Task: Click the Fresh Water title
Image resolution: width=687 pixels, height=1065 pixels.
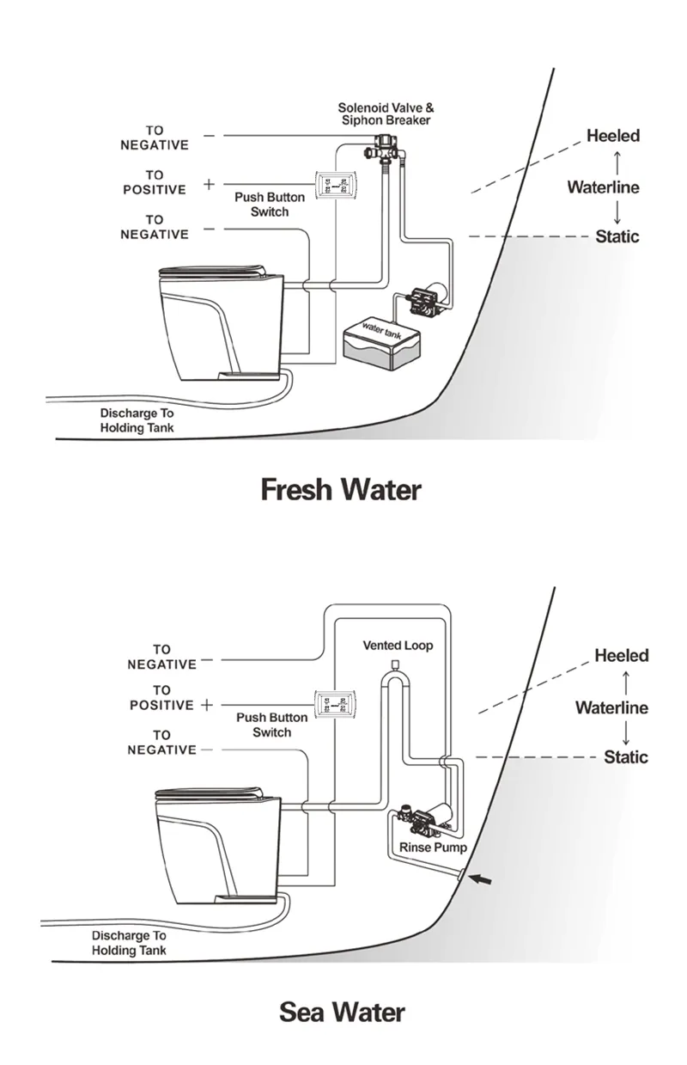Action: (341, 490)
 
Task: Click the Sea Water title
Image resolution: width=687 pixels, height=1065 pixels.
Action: (342, 1012)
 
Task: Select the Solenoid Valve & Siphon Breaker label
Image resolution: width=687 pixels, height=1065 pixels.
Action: (386, 114)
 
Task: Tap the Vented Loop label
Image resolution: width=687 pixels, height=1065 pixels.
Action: (398, 645)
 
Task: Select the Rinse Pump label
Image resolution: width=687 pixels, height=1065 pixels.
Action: (433, 848)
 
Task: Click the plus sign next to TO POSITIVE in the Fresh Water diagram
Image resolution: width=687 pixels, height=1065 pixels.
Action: (209, 184)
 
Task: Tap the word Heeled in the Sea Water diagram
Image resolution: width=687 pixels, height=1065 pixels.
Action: (622, 656)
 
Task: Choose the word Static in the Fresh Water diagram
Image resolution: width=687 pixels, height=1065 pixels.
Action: (617, 236)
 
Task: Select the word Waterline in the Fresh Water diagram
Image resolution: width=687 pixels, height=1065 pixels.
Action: (603, 187)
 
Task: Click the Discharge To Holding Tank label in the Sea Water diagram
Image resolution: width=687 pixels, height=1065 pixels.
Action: (129, 942)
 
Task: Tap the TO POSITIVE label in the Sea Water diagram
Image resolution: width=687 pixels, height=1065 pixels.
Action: (161, 698)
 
